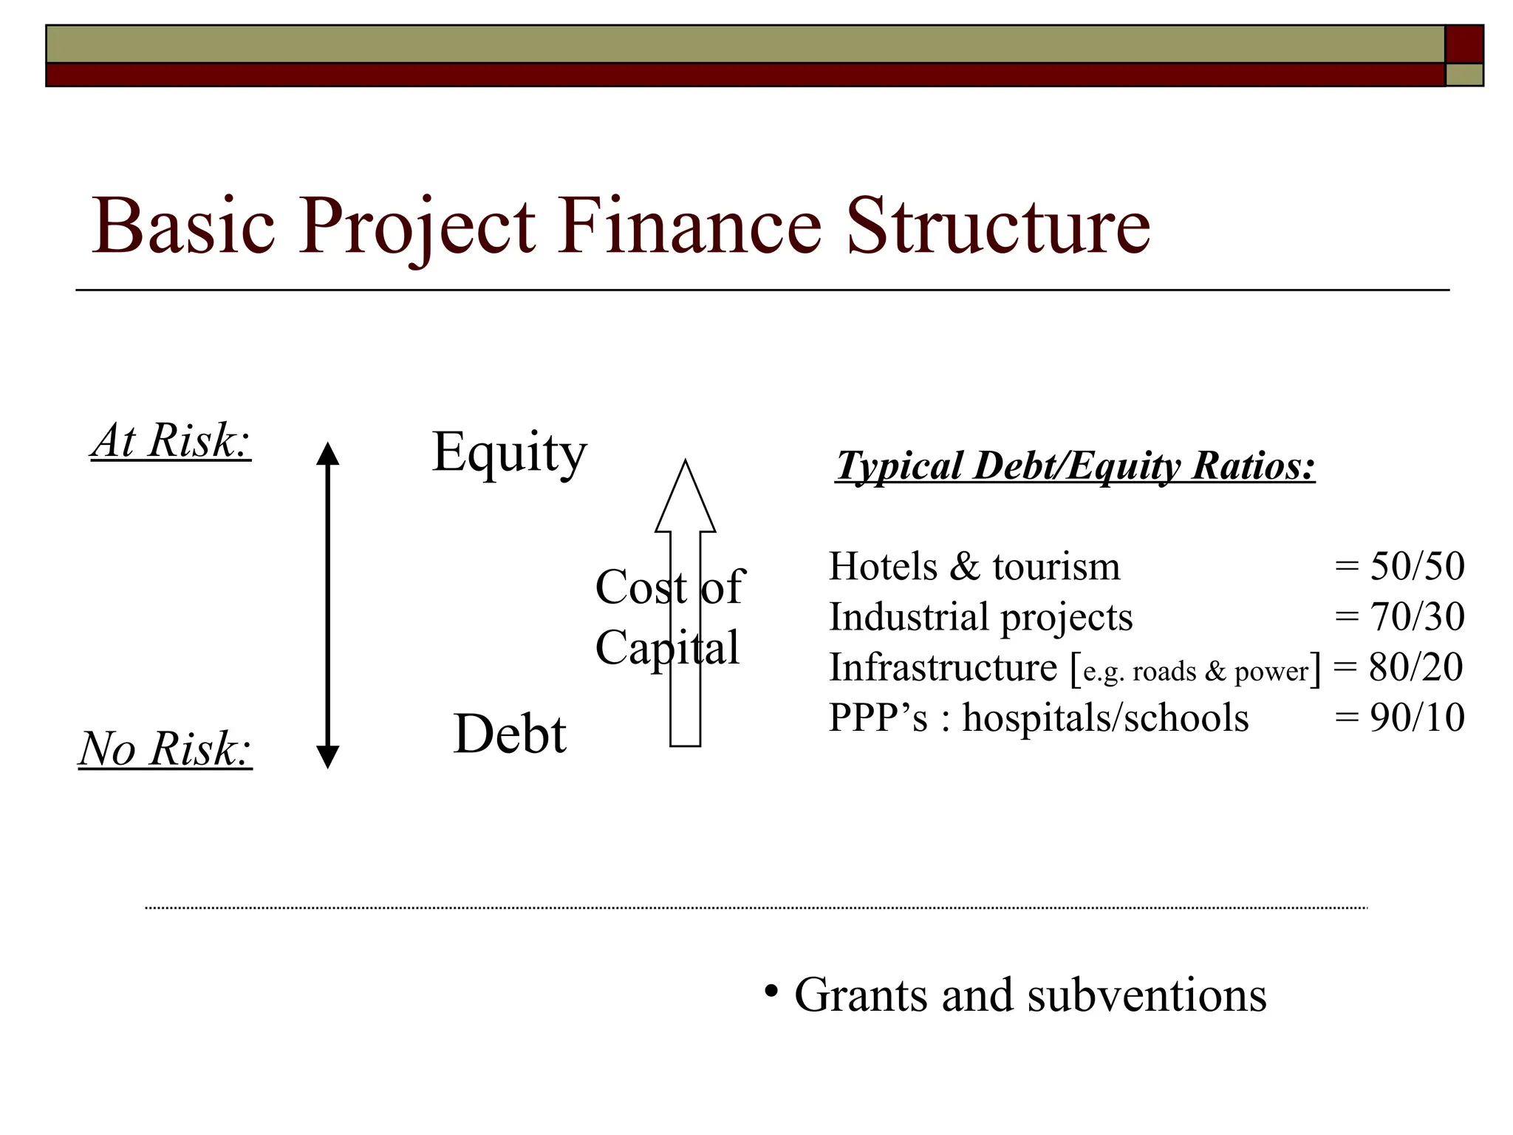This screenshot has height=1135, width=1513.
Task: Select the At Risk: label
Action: coord(171,441)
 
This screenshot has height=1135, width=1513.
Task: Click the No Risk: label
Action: coord(165,749)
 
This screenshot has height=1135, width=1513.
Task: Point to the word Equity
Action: coord(509,452)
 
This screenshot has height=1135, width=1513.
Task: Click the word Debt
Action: coord(510,734)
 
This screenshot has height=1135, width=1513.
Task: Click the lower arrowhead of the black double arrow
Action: coord(327,757)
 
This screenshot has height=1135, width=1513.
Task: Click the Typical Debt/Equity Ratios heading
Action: coord(1076,466)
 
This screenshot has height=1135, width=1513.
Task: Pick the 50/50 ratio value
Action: coord(1417,567)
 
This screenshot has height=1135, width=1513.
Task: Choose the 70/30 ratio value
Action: coord(1417,617)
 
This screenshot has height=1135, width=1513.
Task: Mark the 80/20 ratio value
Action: coord(1415,667)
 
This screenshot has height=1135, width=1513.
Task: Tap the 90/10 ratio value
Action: coord(1417,718)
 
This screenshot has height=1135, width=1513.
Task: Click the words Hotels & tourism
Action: coord(974,567)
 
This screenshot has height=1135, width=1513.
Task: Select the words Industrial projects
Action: coord(980,617)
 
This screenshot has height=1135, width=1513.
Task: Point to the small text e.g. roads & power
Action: coord(1195,671)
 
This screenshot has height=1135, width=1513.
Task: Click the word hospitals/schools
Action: coord(1105,718)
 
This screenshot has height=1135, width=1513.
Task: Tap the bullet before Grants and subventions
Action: coord(771,990)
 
